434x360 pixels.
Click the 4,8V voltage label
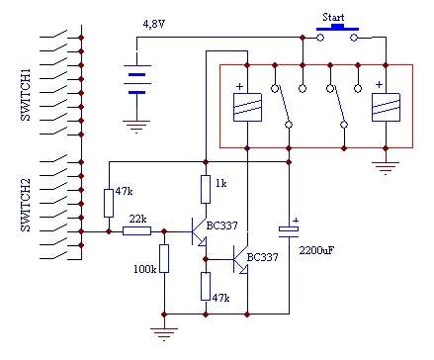pyautogui.click(x=153, y=25)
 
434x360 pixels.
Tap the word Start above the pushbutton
pyautogui.click(x=333, y=17)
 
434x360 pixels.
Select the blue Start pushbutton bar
pyautogui.click(x=337, y=28)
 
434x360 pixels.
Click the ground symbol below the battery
pyautogui.click(x=136, y=127)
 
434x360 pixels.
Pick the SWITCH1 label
pyautogui.click(x=26, y=95)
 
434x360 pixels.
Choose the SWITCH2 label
pyautogui.click(x=26, y=205)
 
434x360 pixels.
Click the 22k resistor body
pyautogui.click(x=137, y=231)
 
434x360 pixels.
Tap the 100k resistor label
pyautogui.click(x=144, y=269)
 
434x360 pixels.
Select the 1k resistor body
pyautogui.click(x=206, y=189)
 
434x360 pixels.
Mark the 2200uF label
pyautogui.click(x=315, y=250)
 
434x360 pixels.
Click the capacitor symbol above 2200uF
pyautogui.click(x=289, y=231)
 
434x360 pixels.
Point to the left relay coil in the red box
pyautogui.click(x=247, y=108)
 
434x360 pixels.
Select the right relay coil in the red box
pyautogui.click(x=386, y=108)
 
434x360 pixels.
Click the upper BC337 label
pyautogui.click(x=222, y=225)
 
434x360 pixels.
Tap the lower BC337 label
pyautogui.click(x=262, y=257)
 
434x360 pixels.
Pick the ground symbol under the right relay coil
pyautogui.click(x=386, y=167)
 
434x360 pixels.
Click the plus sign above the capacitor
pyautogui.click(x=296, y=221)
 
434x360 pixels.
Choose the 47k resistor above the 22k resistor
pyautogui.click(x=109, y=203)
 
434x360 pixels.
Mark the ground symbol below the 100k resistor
pyautogui.click(x=164, y=333)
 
